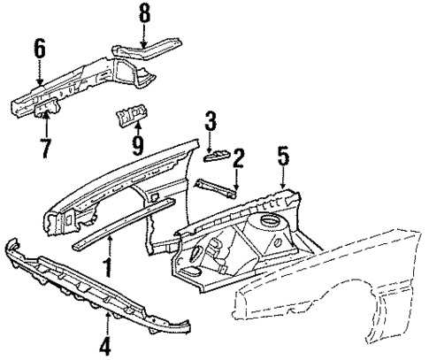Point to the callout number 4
(105, 348)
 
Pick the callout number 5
(282, 157)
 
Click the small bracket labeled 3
(216, 156)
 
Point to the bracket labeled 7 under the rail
(50, 110)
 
